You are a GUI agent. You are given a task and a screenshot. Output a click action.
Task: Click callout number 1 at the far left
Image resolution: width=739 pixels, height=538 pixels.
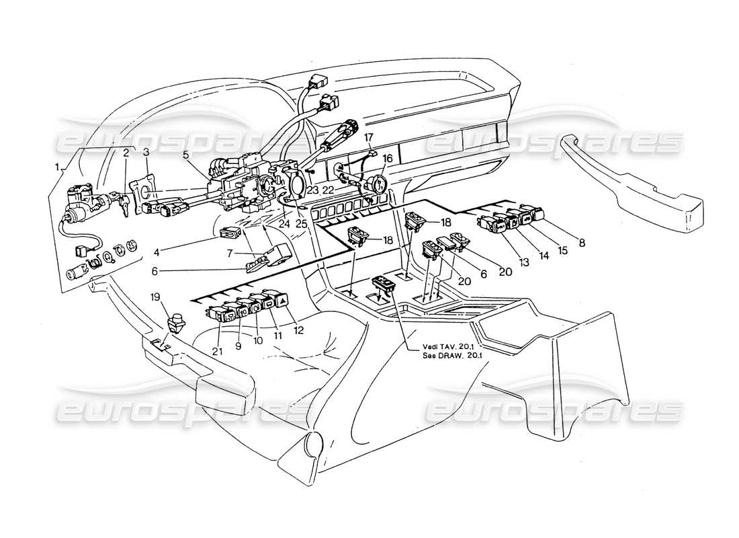[x=58, y=166]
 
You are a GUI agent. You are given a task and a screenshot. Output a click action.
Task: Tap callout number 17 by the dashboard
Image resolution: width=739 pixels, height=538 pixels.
[x=369, y=137]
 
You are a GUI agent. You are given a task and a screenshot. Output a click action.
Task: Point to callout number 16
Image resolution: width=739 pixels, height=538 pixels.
[x=387, y=159]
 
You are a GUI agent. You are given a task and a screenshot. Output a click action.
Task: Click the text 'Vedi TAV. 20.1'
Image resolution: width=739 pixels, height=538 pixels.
[x=444, y=348]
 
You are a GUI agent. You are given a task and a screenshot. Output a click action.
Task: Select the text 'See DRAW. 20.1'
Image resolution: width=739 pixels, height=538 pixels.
[x=445, y=356]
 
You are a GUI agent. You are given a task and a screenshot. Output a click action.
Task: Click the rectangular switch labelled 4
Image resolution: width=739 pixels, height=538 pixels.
[x=230, y=234]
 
